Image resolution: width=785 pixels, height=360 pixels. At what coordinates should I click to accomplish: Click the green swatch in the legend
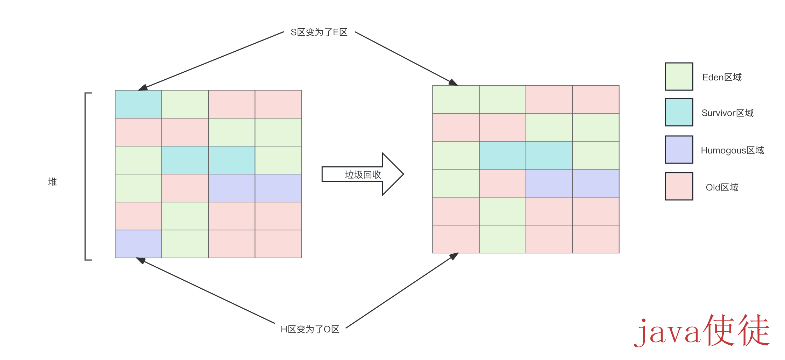click(x=679, y=77)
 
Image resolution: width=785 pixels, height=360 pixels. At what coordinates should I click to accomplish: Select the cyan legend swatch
click(x=679, y=112)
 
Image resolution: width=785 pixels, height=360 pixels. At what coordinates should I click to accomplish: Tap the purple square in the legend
click(x=679, y=150)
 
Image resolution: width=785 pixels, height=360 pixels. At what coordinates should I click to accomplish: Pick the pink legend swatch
click(x=679, y=186)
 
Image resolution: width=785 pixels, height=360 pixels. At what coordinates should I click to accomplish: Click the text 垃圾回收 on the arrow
click(x=363, y=174)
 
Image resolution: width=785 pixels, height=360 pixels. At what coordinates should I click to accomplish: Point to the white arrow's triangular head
click(x=392, y=174)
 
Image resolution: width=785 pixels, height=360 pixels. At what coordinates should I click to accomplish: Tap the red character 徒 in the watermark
click(x=754, y=330)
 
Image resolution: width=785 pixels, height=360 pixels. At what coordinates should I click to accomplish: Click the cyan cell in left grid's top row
click(x=138, y=104)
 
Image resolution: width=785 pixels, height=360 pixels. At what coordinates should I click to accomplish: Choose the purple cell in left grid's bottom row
click(x=138, y=244)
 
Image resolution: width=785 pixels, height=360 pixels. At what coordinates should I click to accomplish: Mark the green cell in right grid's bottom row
click(x=502, y=239)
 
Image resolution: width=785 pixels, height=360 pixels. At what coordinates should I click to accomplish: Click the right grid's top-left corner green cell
click(x=456, y=99)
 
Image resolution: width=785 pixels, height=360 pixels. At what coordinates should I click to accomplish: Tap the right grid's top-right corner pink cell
click(x=595, y=99)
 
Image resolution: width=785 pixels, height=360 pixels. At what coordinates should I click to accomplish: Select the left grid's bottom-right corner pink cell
click(x=278, y=244)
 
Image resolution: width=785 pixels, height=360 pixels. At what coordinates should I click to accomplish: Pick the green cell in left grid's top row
click(x=185, y=104)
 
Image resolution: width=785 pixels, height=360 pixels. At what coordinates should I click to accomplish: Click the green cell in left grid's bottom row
click(x=185, y=244)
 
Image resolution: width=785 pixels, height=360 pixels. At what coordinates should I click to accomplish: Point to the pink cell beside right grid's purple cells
click(x=502, y=183)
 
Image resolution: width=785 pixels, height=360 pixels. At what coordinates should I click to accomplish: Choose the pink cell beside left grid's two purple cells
click(x=185, y=188)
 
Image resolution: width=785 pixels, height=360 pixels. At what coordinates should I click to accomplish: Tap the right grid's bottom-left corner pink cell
click(x=456, y=239)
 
